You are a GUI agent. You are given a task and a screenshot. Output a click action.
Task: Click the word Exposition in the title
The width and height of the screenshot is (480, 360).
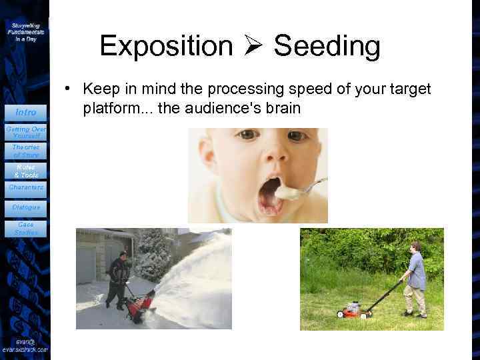[x=166, y=47]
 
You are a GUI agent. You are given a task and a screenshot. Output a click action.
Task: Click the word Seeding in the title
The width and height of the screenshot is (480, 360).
[x=327, y=47]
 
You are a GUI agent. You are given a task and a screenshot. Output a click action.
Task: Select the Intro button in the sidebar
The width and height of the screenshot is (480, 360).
[x=26, y=112]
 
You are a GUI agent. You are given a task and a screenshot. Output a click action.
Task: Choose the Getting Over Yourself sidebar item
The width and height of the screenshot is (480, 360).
[x=26, y=132]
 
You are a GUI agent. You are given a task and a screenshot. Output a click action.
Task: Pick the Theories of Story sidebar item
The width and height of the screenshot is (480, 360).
[x=26, y=151]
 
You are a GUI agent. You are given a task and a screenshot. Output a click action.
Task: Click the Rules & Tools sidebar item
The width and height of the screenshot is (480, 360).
[x=26, y=171]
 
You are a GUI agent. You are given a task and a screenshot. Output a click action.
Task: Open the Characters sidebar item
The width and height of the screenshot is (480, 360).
[x=26, y=187]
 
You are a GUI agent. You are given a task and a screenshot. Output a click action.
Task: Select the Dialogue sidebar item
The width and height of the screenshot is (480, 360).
[x=26, y=207]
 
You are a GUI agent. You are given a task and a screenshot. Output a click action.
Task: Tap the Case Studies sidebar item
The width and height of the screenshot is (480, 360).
[x=26, y=229]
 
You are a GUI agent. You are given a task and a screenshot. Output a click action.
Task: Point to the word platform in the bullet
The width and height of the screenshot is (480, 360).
[x=109, y=107]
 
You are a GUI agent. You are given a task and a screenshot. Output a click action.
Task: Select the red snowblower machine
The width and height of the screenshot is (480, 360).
[x=139, y=306]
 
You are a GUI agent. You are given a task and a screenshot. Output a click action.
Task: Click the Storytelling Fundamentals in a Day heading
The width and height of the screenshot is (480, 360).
[x=26, y=31]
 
